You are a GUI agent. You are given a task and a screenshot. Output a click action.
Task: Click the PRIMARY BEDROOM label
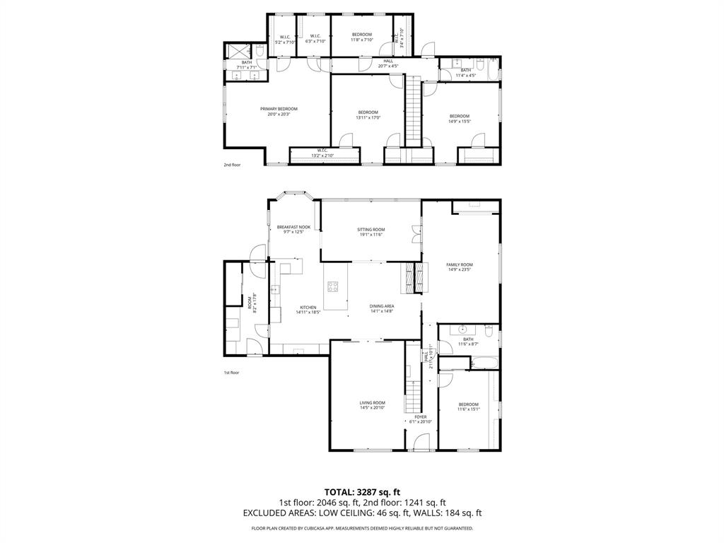click(279, 111)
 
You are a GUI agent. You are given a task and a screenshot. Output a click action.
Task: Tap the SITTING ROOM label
click(370, 232)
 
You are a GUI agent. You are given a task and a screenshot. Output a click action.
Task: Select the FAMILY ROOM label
click(459, 267)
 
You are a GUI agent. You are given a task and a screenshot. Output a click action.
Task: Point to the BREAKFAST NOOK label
click(293, 229)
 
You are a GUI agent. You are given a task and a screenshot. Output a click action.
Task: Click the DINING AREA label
click(382, 308)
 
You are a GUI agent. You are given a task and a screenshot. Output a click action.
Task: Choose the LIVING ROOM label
click(372, 405)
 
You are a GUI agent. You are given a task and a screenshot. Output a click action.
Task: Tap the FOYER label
click(421, 419)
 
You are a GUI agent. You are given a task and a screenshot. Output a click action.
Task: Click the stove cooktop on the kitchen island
click(332, 286)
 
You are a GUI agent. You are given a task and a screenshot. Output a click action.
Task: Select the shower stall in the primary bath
click(239, 51)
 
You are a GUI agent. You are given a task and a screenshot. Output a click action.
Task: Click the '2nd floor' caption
click(232, 165)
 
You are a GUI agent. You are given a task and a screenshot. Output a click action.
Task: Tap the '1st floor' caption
click(232, 373)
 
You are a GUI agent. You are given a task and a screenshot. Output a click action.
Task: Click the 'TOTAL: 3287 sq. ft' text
click(362, 491)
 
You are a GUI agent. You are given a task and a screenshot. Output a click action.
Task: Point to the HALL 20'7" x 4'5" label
click(388, 64)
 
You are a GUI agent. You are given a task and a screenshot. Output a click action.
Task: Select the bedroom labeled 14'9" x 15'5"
click(459, 118)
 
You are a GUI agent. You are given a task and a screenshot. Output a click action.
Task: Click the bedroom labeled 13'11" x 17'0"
click(368, 115)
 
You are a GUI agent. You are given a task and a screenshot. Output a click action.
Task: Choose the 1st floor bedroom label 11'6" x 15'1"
click(468, 406)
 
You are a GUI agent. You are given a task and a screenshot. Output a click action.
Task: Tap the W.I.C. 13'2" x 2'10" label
click(321, 152)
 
